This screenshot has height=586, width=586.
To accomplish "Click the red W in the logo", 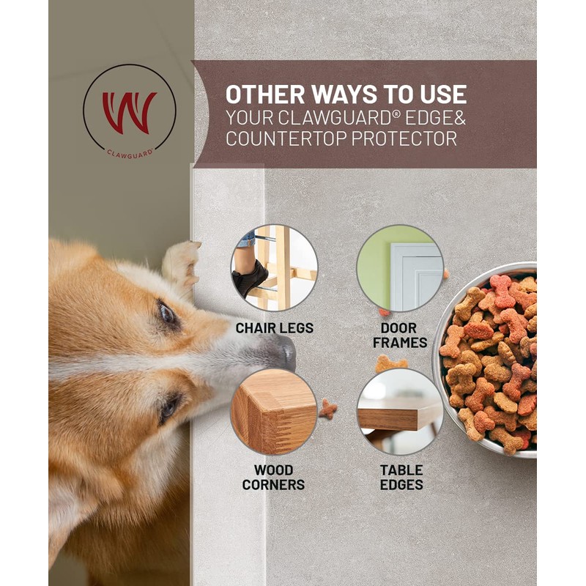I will click(129, 111).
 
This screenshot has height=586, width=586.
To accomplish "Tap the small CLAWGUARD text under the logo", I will click(130, 153).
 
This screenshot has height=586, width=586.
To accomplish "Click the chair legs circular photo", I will click(275, 268).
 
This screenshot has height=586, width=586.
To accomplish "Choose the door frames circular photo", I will click(400, 268).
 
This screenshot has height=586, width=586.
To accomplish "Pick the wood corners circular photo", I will click(274, 411).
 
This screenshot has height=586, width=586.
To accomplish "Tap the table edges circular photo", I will click(400, 411).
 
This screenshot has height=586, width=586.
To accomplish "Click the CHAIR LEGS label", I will click(275, 328).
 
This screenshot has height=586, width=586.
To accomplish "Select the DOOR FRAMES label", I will click(400, 335).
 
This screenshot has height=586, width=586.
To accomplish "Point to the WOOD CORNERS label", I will click(274, 478).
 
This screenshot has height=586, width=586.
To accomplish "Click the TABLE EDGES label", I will click(401, 478).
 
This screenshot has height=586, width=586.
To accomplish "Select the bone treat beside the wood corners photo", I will click(327, 409).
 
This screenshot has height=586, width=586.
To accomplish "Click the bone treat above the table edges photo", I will click(391, 363).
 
